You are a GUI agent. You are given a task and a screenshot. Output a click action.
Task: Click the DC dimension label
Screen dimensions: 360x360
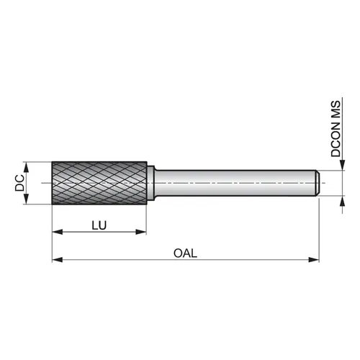pos(19,183)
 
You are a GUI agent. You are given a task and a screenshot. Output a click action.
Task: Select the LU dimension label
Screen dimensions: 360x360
pos(99,225)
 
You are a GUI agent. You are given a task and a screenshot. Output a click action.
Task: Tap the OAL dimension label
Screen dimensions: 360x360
pos(185,253)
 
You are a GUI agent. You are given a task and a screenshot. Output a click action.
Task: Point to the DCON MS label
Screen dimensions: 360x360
pos(336,129)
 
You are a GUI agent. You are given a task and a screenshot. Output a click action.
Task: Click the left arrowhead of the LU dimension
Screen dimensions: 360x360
pos(58,232)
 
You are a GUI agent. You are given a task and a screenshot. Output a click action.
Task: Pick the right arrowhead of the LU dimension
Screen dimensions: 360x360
pos(141,232)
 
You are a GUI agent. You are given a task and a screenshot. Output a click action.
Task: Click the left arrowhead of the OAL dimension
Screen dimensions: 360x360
pos(58,260)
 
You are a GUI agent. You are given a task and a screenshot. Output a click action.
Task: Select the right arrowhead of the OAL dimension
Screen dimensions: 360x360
pos(314,260)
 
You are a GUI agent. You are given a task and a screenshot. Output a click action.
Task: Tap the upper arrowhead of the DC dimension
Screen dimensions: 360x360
pos(26,167)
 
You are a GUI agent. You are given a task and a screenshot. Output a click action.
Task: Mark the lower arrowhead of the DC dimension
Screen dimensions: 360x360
pos(26,199)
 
